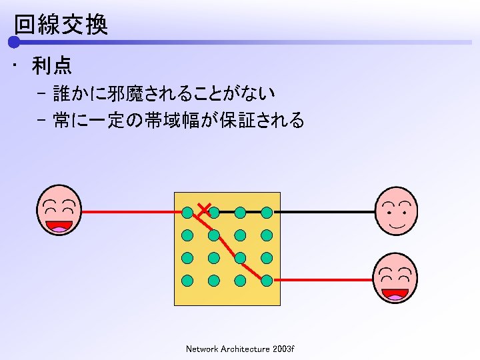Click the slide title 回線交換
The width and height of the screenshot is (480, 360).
click(61, 25)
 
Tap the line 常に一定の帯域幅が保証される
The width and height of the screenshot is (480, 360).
click(171, 121)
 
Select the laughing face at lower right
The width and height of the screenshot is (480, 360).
click(395, 278)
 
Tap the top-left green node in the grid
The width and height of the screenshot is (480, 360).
click(188, 213)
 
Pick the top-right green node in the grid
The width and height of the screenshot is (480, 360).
click(267, 213)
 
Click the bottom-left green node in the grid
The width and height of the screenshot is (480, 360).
click(188, 280)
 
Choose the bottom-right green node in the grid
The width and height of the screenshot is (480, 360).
click(267, 280)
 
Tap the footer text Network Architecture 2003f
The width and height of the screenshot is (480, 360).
click(240, 349)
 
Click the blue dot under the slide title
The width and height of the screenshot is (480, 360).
click(14, 43)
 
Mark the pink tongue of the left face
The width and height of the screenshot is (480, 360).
click(59, 229)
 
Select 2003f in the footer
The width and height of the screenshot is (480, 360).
click(283, 349)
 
